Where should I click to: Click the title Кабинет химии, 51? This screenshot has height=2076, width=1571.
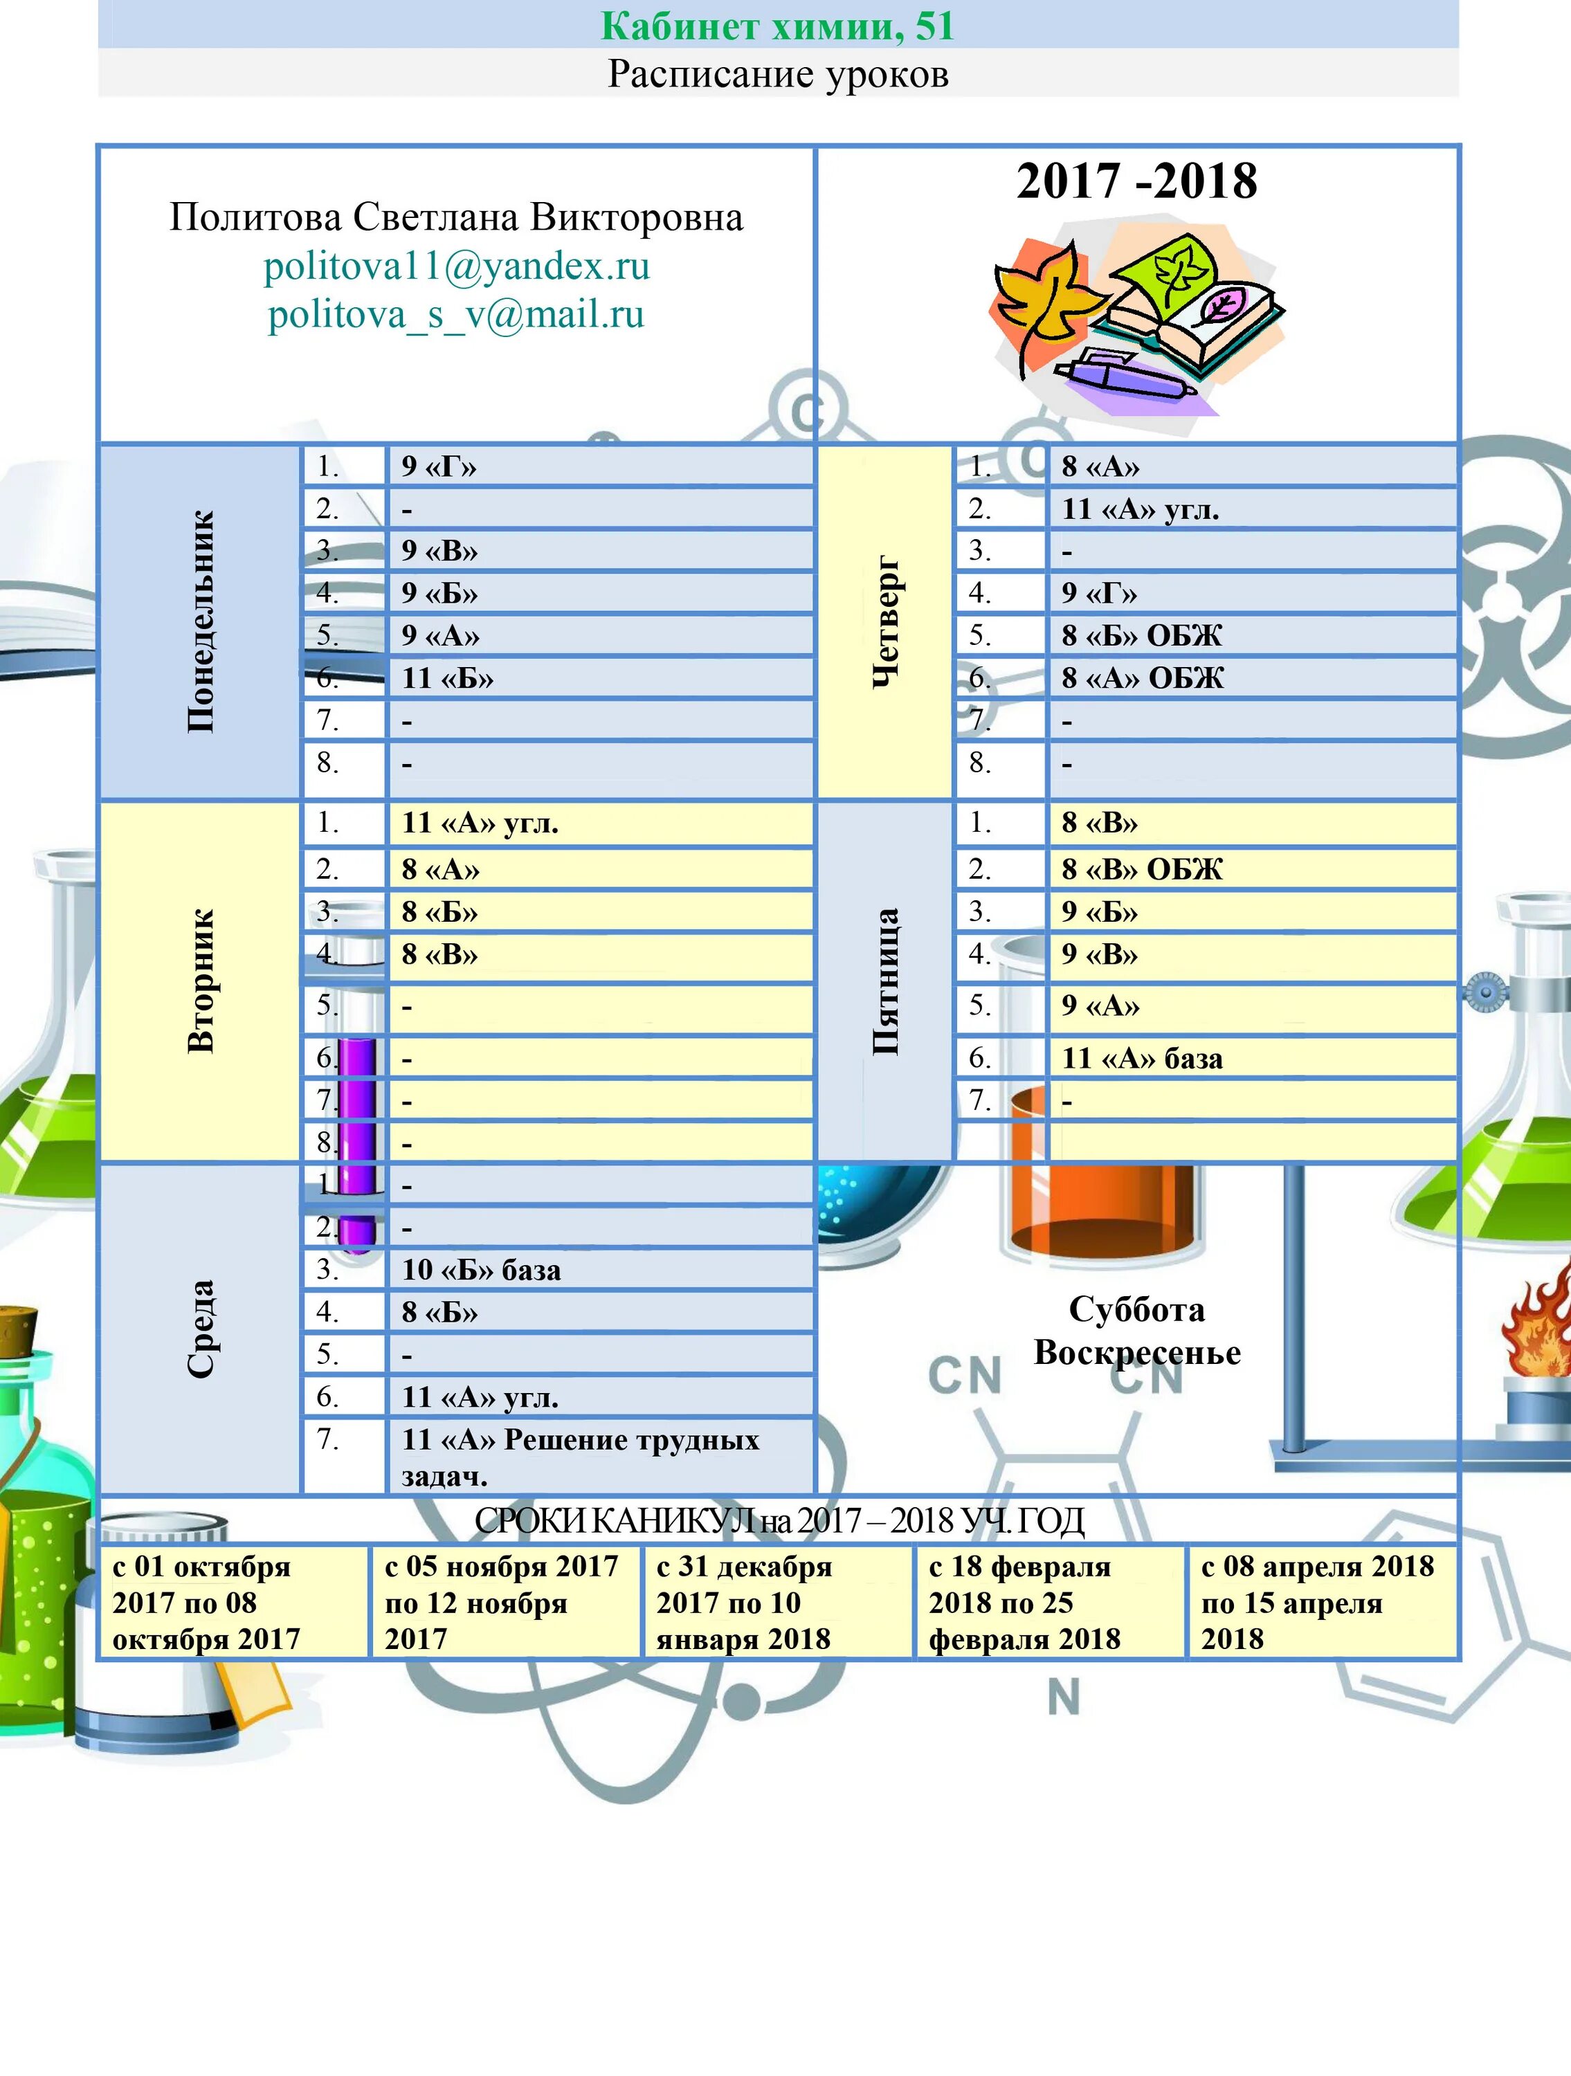point(777,26)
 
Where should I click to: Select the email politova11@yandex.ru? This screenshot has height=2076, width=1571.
point(456,266)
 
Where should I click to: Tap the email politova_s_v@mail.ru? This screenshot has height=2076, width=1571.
point(456,314)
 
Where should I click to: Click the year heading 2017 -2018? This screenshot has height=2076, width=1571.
point(1136,181)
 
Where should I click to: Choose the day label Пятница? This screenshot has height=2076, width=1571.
point(885,981)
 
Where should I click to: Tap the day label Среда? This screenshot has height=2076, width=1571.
point(201,1328)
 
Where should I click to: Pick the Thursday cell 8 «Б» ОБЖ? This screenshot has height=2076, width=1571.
point(1142,635)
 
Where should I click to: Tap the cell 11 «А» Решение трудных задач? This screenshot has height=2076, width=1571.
point(580,1457)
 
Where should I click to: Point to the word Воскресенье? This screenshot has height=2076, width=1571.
point(1136,1352)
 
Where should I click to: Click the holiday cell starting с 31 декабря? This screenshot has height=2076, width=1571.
point(744,1602)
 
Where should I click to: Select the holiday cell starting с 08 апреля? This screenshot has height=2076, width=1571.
point(1318,1602)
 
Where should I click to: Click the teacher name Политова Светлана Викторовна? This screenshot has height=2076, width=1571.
point(456,218)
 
